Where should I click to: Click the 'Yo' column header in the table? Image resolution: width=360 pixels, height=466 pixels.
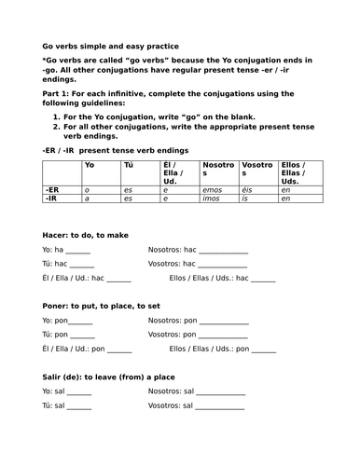tap(90, 165)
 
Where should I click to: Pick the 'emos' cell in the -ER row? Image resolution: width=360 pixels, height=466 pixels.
tap(211, 189)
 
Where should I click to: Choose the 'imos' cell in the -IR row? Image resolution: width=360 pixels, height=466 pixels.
tap(211, 199)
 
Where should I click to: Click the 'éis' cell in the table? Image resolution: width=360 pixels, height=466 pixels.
tap(246, 189)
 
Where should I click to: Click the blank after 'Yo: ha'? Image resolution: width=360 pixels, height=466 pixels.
tap(79, 252)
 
